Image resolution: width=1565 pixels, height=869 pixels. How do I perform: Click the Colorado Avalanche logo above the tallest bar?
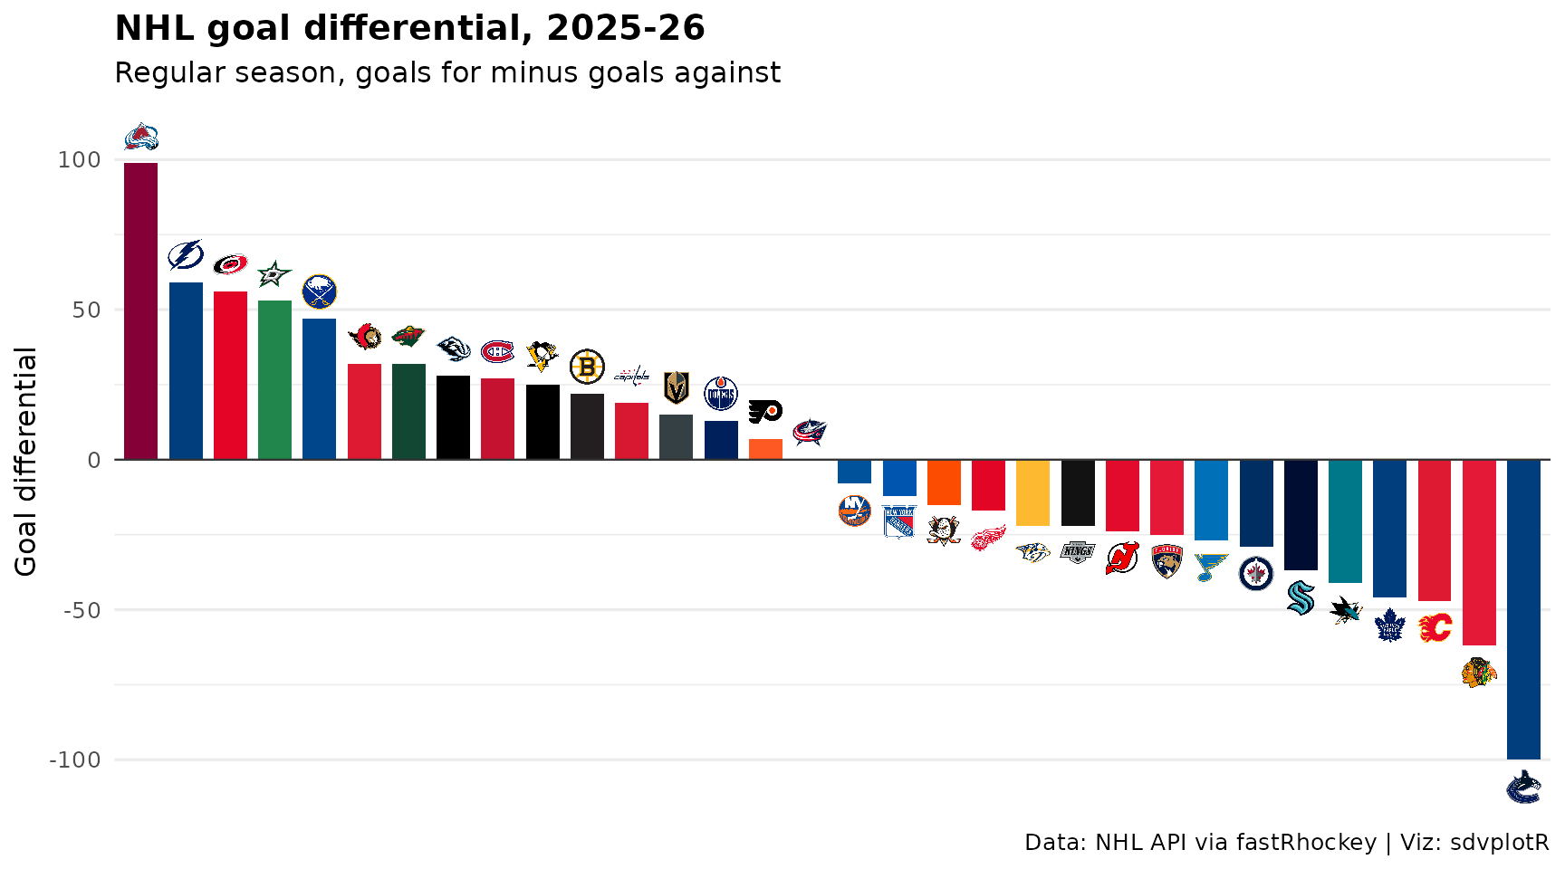pyautogui.click(x=141, y=137)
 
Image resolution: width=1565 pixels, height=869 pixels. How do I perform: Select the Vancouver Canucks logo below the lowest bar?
pyautogui.click(x=1523, y=787)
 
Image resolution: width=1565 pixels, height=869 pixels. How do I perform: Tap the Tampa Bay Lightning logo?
pyautogui.click(x=186, y=255)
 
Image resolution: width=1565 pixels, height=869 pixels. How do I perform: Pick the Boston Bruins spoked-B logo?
pyautogui.click(x=587, y=367)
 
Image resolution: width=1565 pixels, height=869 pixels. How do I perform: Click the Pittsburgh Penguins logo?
pyautogui.click(x=542, y=356)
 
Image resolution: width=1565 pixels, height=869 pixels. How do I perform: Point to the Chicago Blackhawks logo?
pyautogui.click(x=1479, y=673)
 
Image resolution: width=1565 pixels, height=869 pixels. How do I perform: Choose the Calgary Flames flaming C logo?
pyautogui.click(x=1435, y=626)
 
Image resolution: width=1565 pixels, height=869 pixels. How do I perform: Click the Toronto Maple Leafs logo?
pyautogui.click(x=1389, y=625)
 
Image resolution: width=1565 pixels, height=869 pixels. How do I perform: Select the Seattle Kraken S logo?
pyautogui.click(x=1301, y=597)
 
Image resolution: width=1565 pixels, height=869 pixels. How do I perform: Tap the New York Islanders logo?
pyautogui.click(x=854, y=511)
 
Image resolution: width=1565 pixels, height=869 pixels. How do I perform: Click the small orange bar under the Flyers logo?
pyautogui.click(x=765, y=449)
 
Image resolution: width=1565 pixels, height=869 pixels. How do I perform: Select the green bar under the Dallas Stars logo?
pyautogui.click(x=274, y=380)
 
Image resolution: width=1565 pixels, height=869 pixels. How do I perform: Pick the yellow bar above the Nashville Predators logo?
pyautogui.click(x=1032, y=492)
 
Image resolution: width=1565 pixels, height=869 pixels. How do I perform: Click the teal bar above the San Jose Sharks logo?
pyautogui.click(x=1345, y=521)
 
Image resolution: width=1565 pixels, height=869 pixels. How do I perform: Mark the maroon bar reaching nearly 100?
pyautogui.click(x=141, y=311)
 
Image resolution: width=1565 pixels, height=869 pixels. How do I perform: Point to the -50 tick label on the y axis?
pyautogui.click(x=82, y=610)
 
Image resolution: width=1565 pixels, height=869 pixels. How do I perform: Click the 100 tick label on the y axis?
pyautogui.click(x=80, y=160)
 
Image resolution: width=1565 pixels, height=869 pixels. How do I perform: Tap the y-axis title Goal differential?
pyautogui.click(x=25, y=462)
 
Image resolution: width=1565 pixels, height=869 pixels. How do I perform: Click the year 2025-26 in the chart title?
pyautogui.click(x=626, y=28)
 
